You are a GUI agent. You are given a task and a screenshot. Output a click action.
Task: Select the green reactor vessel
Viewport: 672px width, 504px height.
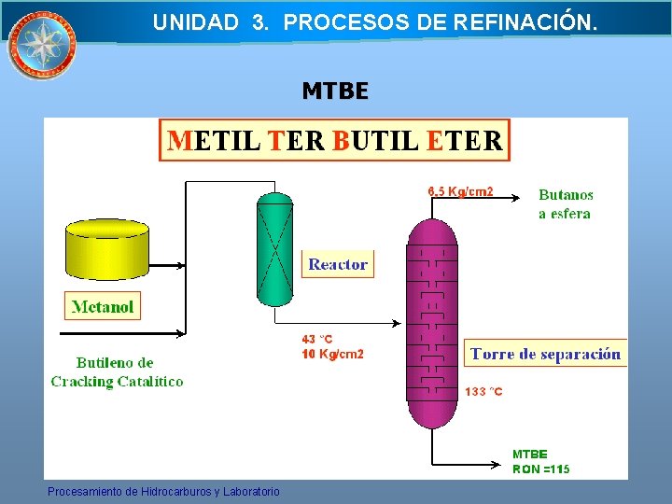pyautogui.click(x=274, y=249)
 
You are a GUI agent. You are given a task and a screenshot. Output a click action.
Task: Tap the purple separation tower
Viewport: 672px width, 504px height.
pyautogui.click(x=432, y=322)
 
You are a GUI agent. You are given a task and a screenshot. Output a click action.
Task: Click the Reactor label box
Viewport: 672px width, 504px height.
pyautogui.click(x=337, y=264)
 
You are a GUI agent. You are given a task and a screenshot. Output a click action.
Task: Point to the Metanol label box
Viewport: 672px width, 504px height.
pyautogui.click(x=103, y=306)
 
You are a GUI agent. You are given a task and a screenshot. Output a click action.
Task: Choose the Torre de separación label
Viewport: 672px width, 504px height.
pyautogui.click(x=545, y=354)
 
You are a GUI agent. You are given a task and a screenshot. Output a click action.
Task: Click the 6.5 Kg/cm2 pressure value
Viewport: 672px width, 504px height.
pyautogui.click(x=460, y=192)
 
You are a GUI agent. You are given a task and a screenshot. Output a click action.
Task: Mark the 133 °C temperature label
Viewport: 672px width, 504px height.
pyautogui.click(x=483, y=392)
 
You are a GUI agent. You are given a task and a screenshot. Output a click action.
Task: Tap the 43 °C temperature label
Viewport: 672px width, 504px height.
pyautogui.click(x=317, y=340)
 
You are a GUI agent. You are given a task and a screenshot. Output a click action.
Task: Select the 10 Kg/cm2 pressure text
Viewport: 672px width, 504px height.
pyautogui.click(x=332, y=355)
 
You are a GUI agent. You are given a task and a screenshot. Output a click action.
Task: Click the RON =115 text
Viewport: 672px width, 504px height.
pyautogui.click(x=540, y=469)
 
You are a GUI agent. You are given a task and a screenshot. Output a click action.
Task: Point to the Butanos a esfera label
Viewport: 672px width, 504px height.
pyautogui.click(x=566, y=204)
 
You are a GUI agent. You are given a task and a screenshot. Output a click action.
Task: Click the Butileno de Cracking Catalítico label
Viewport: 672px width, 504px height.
pyautogui.click(x=117, y=371)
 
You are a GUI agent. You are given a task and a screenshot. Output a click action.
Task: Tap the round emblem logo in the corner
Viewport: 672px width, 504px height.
pyautogui.click(x=41, y=44)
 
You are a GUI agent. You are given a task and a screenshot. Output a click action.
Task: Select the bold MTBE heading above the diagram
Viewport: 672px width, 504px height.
pyautogui.click(x=335, y=91)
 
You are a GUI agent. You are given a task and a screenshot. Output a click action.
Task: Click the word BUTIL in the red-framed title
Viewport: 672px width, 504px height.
pyautogui.click(x=376, y=141)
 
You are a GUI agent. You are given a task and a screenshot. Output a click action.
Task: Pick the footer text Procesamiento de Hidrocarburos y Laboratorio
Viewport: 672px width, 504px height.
pyautogui.click(x=163, y=491)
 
